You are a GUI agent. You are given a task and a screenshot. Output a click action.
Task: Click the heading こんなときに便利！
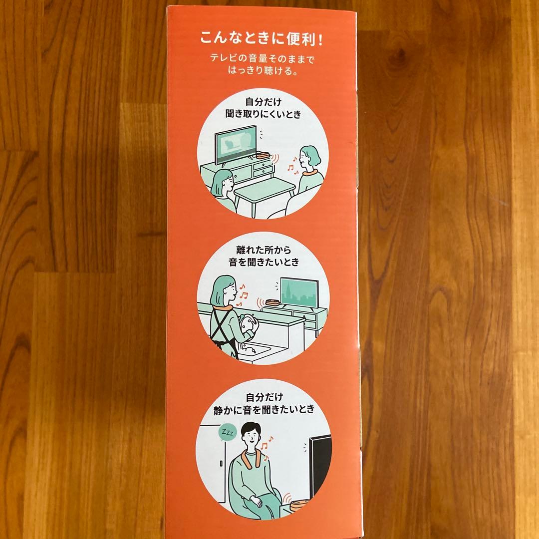pyautogui.click(x=262, y=38)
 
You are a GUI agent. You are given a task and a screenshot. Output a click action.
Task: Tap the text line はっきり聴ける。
pyautogui.click(x=263, y=71)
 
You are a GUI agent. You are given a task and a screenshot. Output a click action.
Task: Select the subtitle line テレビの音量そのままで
pyautogui.click(x=263, y=58)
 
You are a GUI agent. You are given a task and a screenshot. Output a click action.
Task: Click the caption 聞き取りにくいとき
pyautogui.click(x=264, y=114)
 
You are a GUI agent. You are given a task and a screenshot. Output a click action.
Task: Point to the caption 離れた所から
pyautogui.click(x=264, y=250)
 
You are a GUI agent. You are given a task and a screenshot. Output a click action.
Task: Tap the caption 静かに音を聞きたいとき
pyautogui.click(x=264, y=409)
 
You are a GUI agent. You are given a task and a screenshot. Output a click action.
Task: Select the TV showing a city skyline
pyautogui.click(x=299, y=292)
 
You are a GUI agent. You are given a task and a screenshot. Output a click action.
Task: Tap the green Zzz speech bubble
pyautogui.click(x=227, y=433)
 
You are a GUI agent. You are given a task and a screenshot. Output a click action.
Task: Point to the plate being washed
pyautogui.click(x=248, y=323)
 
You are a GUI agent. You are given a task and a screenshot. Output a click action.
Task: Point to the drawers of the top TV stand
pyautogui.click(x=263, y=168)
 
